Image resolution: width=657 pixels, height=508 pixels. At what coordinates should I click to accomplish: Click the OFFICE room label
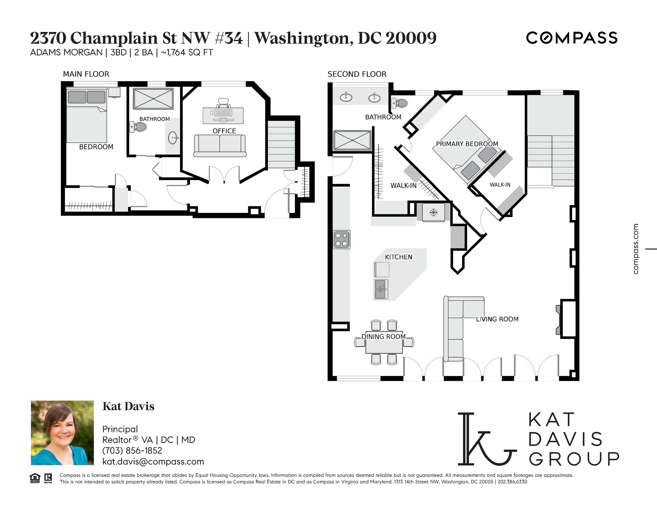(224, 131)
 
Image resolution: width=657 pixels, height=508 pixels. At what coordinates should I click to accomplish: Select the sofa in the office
(220, 146)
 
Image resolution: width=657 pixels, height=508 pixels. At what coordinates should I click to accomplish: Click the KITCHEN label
(399, 257)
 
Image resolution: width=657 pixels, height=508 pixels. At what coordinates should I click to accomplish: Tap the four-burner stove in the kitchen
(341, 240)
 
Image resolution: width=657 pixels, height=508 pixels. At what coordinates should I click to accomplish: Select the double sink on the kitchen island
(381, 289)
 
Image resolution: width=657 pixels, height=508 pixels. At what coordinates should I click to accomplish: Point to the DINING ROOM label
(384, 336)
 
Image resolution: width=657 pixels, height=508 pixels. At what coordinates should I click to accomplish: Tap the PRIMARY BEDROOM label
(467, 144)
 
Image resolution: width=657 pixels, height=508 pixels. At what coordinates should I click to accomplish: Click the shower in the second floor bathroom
(352, 140)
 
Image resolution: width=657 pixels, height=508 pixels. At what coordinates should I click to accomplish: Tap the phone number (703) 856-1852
(132, 450)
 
